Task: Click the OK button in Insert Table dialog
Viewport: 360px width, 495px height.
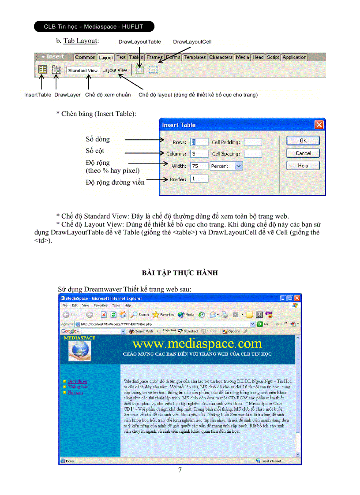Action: pyautogui.click(x=303, y=141)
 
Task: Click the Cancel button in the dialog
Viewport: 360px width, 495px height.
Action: pyautogui.click(x=303, y=153)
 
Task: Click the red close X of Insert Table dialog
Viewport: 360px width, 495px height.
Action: pyautogui.click(x=319, y=125)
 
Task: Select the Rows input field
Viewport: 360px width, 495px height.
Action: pyautogui.click(x=199, y=142)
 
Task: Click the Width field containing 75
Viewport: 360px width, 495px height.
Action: pyautogui.click(x=199, y=166)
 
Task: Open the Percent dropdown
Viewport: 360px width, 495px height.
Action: pyautogui.click(x=239, y=166)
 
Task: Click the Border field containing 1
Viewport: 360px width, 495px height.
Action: pyautogui.click(x=199, y=179)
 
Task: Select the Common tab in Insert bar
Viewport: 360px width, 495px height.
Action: pyautogui.click(x=85, y=57)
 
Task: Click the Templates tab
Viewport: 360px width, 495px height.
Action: pyautogui.click(x=195, y=57)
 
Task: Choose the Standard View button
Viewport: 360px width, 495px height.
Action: pyautogui.click(x=82, y=70)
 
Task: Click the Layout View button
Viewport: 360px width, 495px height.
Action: pyautogui.click(x=115, y=70)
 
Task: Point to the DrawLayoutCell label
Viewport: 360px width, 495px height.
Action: pyautogui.click(x=192, y=41)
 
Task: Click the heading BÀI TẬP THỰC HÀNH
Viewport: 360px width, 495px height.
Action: pyautogui.click(x=180, y=273)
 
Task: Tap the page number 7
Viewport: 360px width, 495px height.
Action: pyautogui.click(x=180, y=470)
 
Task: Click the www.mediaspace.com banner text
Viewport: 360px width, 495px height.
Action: pyautogui.click(x=197, y=344)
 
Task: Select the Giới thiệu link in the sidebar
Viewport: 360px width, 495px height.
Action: pyautogui.click(x=77, y=381)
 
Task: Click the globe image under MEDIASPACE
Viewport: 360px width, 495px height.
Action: pyautogui.click(x=80, y=351)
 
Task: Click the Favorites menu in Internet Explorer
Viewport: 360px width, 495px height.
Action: pyautogui.click(x=100, y=305)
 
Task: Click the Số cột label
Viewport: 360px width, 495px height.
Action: pyautogui.click(x=95, y=151)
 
